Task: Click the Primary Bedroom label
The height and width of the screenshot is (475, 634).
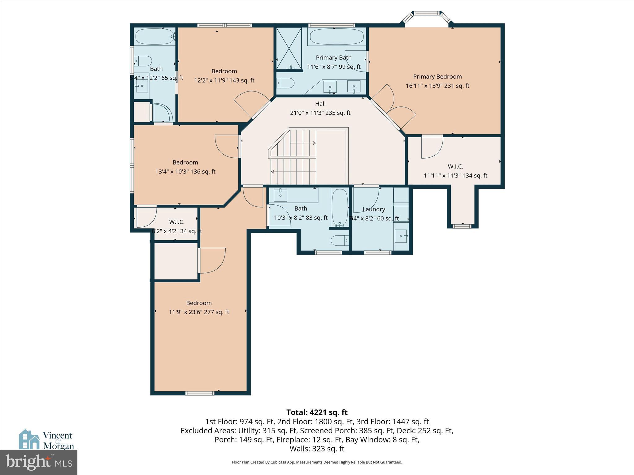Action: [437, 77]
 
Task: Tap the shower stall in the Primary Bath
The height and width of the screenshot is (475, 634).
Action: [289, 48]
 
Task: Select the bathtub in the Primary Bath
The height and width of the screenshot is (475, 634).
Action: [337, 36]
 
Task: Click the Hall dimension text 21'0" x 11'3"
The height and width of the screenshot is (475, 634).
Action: [320, 113]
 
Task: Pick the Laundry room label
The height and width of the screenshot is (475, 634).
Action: [374, 209]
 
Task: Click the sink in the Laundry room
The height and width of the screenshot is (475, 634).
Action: [401, 236]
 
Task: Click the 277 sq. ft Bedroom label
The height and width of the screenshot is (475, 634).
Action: [199, 303]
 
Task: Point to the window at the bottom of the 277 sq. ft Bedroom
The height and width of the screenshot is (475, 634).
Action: [200, 393]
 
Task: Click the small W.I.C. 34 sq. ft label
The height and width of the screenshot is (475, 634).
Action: [177, 222]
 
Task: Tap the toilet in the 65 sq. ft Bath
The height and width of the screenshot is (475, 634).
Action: [143, 61]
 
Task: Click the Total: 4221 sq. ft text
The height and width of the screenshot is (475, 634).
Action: [317, 413]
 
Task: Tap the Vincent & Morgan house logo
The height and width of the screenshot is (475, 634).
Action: [29, 439]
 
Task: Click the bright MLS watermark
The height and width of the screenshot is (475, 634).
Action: [39, 462]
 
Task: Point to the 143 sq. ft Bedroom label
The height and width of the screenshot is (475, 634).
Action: [224, 71]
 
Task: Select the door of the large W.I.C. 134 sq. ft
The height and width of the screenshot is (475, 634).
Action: [432, 148]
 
